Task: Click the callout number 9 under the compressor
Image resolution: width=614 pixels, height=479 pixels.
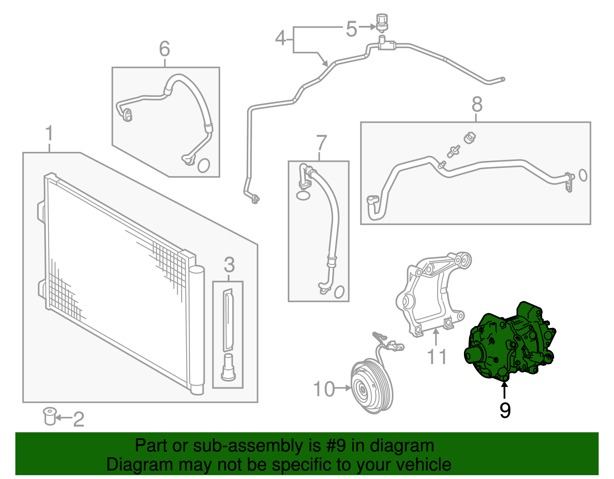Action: point(505,410)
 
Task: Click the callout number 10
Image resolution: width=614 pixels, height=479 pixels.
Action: point(324,389)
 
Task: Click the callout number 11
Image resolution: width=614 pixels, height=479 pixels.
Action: point(437,357)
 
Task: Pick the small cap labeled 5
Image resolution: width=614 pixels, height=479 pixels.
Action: point(381,21)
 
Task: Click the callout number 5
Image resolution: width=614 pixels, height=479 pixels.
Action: point(352,29)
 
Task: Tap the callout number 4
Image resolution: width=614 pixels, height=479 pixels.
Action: point(281,38)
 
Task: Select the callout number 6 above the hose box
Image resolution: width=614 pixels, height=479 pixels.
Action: point(164,49)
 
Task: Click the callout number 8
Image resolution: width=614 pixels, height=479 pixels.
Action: point(477,104)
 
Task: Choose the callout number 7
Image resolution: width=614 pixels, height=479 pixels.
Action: point(321,143)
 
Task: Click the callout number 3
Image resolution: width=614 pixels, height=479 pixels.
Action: point(229,265)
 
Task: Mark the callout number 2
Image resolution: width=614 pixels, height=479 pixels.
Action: point(78,419)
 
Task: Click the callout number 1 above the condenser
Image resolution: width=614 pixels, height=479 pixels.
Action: point(49,134)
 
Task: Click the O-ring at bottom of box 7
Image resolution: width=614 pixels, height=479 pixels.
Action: point(339,292)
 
